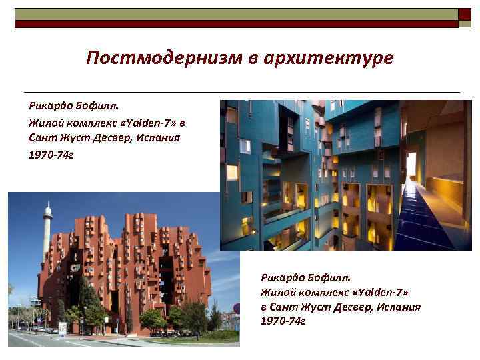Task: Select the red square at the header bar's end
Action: [x=465, y=15]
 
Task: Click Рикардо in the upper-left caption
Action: [x=47, y=106]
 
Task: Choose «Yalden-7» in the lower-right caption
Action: [x=385, y=291]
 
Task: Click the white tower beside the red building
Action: [x=47, y=240]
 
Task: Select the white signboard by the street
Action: [x=63, y=329]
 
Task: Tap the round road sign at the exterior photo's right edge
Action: [x=236, y=308]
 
